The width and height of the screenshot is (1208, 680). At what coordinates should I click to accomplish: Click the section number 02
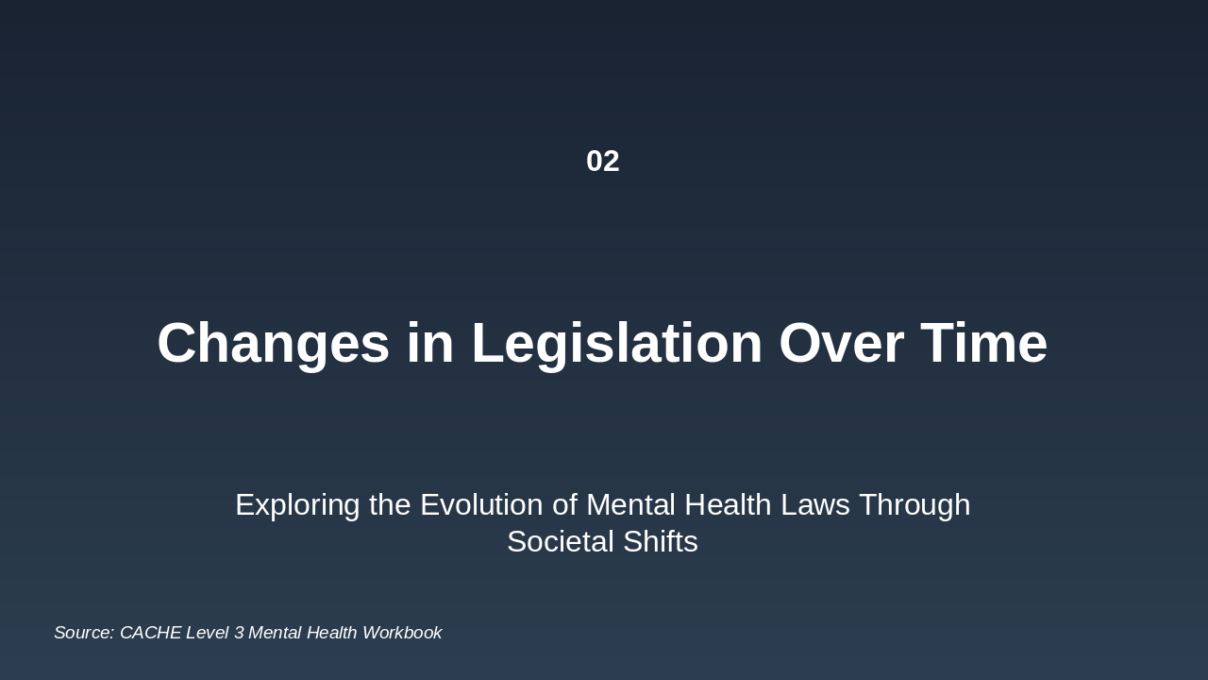pos(603,161)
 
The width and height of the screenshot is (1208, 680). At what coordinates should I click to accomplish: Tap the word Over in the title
pos(841,343)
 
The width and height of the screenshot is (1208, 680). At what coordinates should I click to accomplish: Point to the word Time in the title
pos(984,343)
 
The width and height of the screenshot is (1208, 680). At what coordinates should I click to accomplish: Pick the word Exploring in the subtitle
pos(297,506)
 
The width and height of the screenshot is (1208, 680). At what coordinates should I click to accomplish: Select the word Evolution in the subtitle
pos(481,505)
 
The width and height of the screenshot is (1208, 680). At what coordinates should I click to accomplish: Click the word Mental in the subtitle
pos(630,505)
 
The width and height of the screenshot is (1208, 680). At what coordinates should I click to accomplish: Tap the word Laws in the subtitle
pos(814,505)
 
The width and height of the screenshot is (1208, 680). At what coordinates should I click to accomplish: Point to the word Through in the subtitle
pos(914,506)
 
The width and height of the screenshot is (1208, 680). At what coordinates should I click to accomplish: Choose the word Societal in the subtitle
pos(561,542)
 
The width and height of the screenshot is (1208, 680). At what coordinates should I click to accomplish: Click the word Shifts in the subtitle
pos(661,542)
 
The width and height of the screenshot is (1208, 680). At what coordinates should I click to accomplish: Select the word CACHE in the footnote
pos(150,633)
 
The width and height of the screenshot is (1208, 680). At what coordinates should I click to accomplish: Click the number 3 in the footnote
pos(239,633)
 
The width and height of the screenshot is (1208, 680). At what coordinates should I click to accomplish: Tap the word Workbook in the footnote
pos(402,633)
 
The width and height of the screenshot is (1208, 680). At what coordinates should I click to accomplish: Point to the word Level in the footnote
pos(207,633)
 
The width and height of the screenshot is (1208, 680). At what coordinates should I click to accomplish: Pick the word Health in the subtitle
pos(728,505)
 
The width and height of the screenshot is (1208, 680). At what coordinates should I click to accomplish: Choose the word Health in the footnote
pos(331,633)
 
